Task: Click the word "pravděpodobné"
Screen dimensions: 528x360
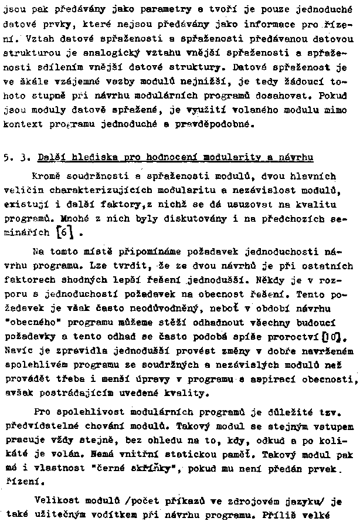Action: click(210, 124)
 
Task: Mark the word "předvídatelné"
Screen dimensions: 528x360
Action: click(34, 424)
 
